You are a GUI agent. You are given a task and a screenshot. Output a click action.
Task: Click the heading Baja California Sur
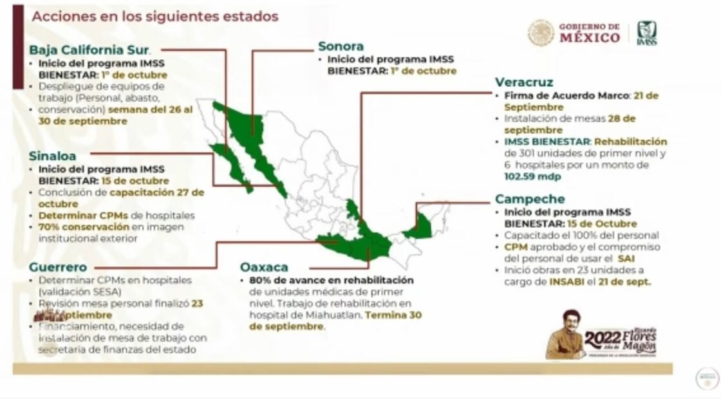coord(89,50)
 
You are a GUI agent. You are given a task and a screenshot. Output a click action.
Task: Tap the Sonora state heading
coord(341,46)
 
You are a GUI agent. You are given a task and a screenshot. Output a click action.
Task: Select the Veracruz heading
coord(524,82)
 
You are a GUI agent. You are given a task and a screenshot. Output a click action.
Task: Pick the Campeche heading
coord(530,199)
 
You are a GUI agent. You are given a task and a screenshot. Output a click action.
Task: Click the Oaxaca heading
coord(264,266)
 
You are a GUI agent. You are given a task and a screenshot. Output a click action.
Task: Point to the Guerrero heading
coord(58,266)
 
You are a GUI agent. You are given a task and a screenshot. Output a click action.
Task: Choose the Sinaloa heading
coord(52,156)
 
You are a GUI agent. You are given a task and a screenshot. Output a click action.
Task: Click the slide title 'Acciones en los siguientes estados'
coord(154,16)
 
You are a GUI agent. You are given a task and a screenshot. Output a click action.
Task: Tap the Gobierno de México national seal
coord(541,33)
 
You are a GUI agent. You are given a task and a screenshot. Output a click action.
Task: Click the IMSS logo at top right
coord(647,33)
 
